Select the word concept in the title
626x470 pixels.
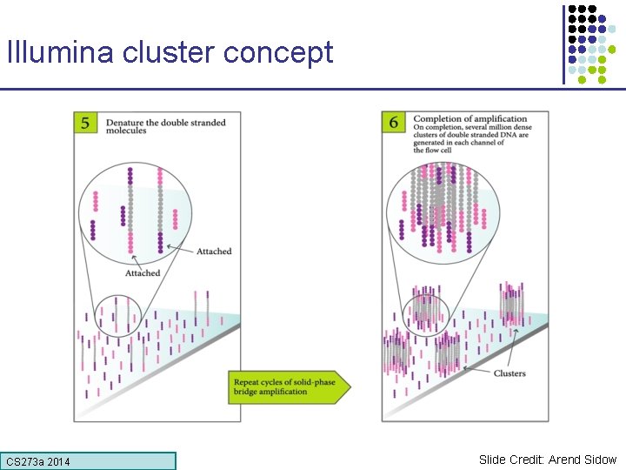(x=278, y=54)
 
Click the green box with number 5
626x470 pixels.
(x=86, y=123)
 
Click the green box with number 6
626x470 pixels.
(x=394, y=123)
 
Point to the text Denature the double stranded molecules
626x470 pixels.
(x=165, y=125)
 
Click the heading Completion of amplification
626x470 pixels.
(x=470, y=119)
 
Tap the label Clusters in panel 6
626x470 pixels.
(x=509, y=374)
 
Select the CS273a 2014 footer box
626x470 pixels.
(x=89, y=461)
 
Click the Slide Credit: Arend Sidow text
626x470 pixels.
(x=547, y=460)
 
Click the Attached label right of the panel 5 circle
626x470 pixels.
(x=214, y=252)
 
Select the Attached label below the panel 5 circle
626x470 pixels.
(x=143, y=273)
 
